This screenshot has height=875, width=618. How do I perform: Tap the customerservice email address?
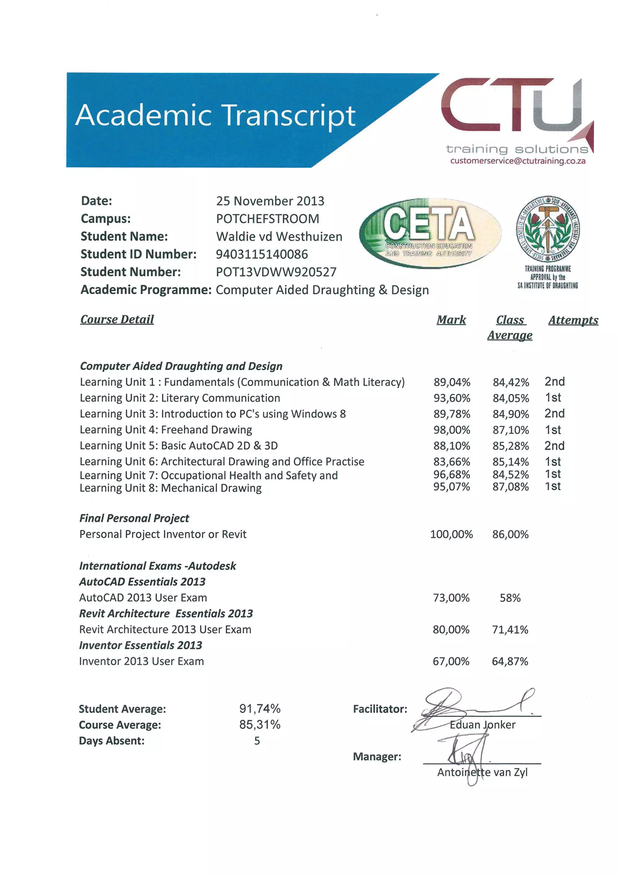click(x=518, y=161)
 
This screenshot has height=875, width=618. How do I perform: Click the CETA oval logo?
click(x=430, y=233)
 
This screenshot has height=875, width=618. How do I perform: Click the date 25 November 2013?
click(x=270, y=201)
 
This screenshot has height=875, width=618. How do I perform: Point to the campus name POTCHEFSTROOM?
click(x=267, y=219)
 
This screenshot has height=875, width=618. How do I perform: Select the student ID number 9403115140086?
click(x=262, y=254)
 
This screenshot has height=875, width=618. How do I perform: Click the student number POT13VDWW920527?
click(x=276, y=272)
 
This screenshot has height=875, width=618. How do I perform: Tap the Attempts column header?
click(x=573, y=320)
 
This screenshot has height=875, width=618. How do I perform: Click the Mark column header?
click(x=451, y=320)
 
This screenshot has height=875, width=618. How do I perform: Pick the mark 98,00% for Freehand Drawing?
click(x=452, y=430)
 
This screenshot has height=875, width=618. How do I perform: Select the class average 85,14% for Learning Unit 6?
click(x=510, y=462)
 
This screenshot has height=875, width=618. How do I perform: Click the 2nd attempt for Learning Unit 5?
click(x=554, y=446)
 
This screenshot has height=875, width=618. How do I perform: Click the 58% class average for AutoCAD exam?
click(x=510, y=598)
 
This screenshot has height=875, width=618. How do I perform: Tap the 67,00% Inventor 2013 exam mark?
click(x=451, y=661)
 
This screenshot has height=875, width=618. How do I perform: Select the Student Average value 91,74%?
click(x=260, y=708)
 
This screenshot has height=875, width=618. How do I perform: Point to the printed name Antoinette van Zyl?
click(x=482, y=772)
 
